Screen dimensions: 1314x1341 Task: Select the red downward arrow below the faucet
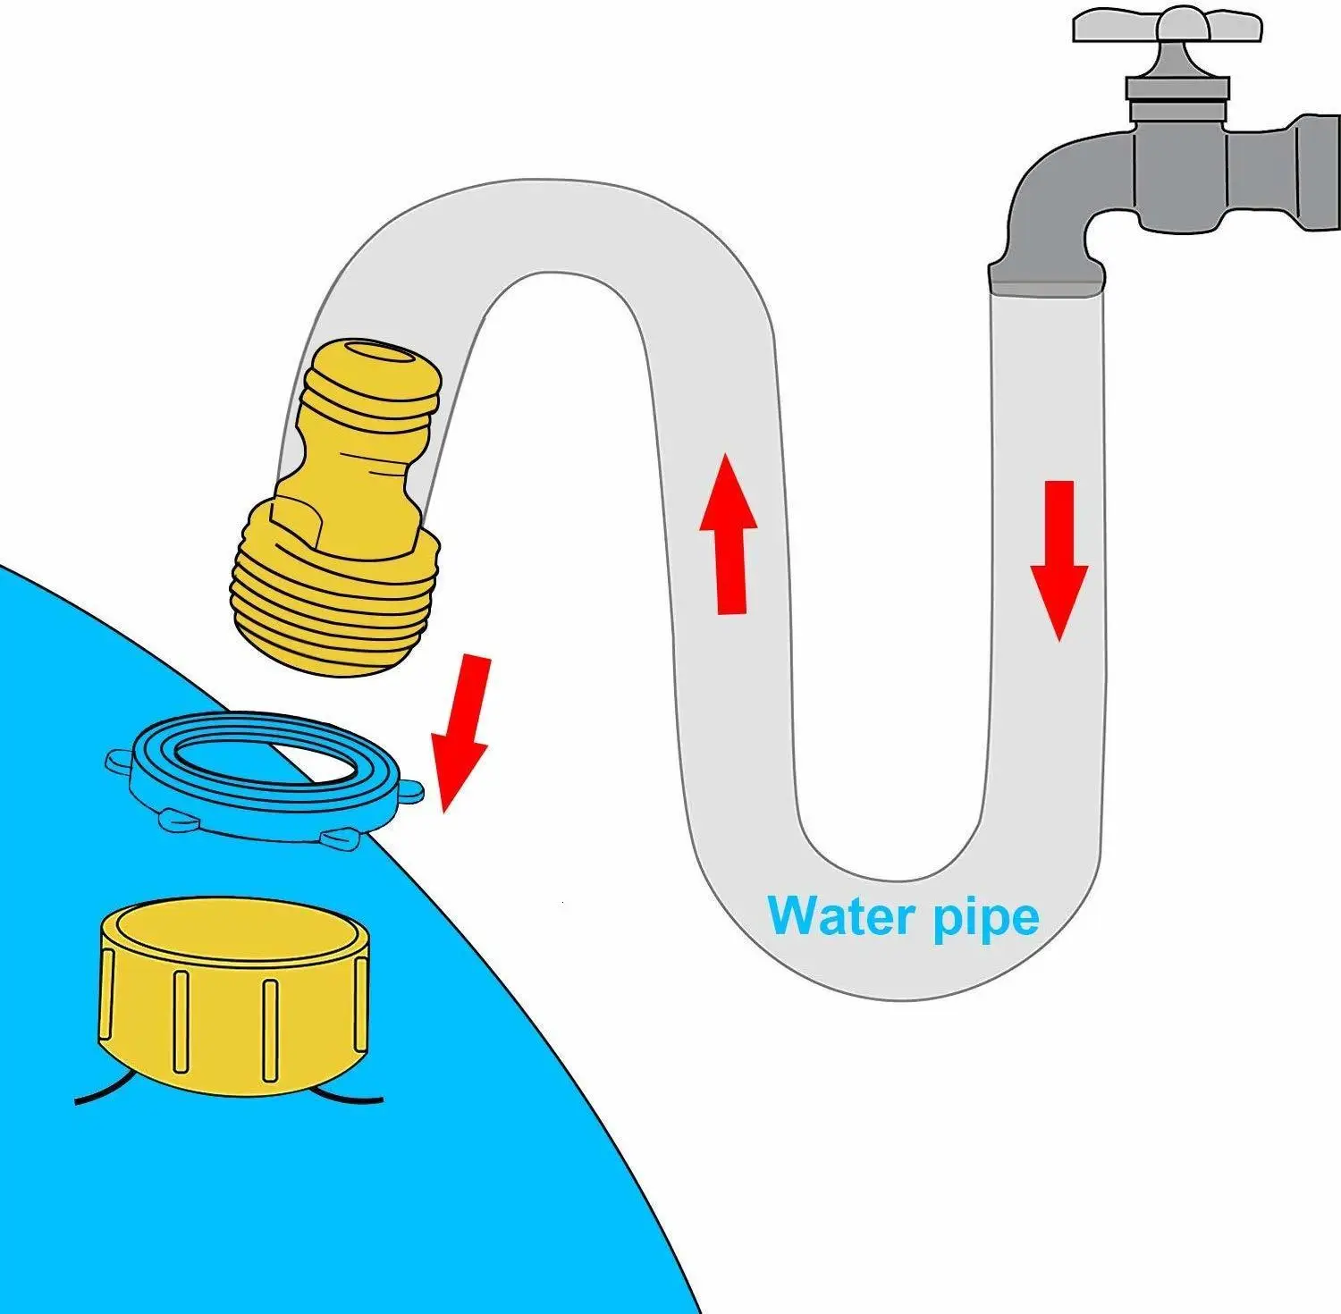pos(1059,559)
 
